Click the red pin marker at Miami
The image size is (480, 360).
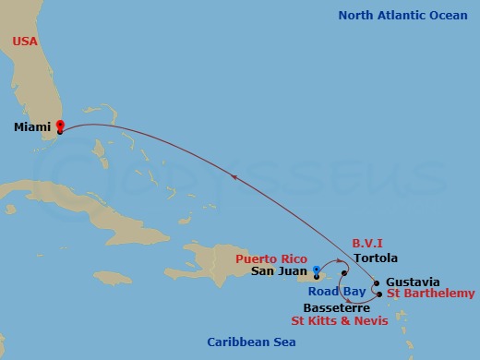60,124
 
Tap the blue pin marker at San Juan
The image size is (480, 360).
316,270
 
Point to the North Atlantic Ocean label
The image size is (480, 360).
402,15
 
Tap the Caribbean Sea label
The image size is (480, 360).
251,342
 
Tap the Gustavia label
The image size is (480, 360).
414,282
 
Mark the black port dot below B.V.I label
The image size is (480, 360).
343,272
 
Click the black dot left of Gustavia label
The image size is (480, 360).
377,283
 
